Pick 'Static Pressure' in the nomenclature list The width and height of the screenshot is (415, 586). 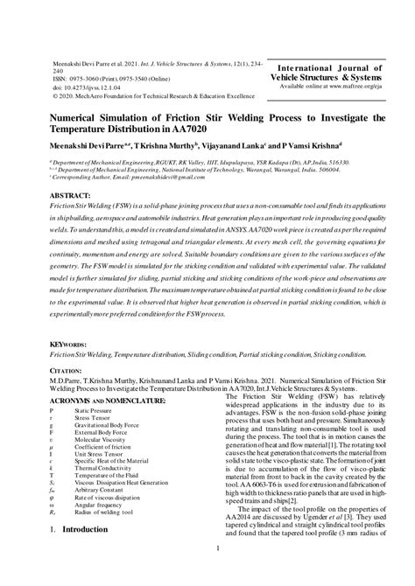tap(94, 410)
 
